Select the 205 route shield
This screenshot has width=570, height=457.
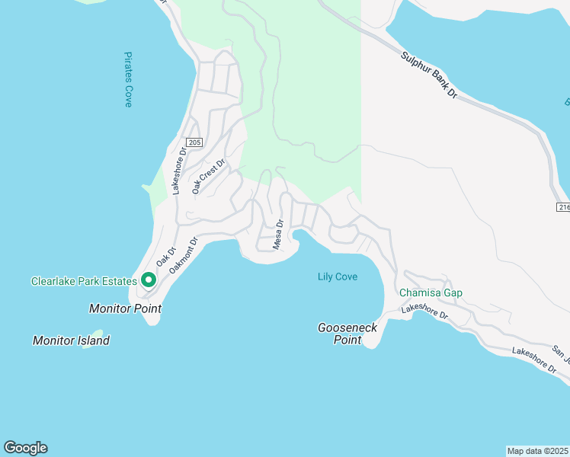[x=194, y=142]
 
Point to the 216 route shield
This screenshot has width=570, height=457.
[x=562, y=207]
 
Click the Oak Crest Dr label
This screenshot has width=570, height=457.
[x=209, y=176]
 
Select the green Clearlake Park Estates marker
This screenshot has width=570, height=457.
[x=148, y=280]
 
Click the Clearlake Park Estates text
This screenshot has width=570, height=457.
[x=83, y=281]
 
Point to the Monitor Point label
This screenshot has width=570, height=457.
[x=125, y=308]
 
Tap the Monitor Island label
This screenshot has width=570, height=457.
[x=71, y=340]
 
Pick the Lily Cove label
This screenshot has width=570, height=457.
[x=338, y=276]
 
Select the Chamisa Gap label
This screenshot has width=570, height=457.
[x=431, y=292]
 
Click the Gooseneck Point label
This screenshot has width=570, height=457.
[x=347, y=333]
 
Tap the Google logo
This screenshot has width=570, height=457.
[x=26, y=448]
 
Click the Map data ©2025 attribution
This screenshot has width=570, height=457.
[x=537, y=450]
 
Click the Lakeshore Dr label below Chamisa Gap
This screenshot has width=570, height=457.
[x=424, y=311]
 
